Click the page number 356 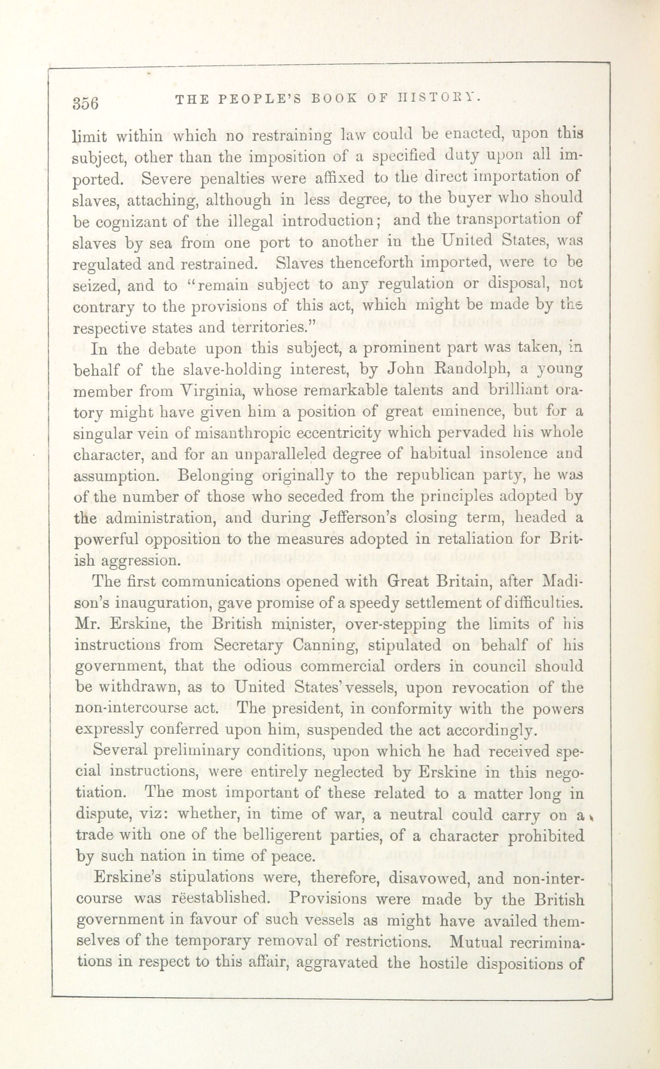click(86, 103)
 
